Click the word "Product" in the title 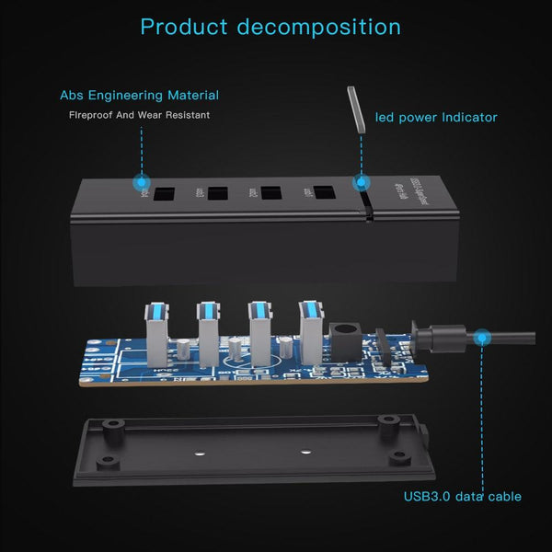point(183,26)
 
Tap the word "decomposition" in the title point(318,26)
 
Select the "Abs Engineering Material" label point(139,95)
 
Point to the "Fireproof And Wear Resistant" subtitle point(140,115)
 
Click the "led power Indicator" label point(436,117)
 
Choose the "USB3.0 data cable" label point(462,497)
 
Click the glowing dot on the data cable point(479,339)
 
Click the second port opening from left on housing point(218,194)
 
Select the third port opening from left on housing point(270,194)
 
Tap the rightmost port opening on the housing point(324,193)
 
